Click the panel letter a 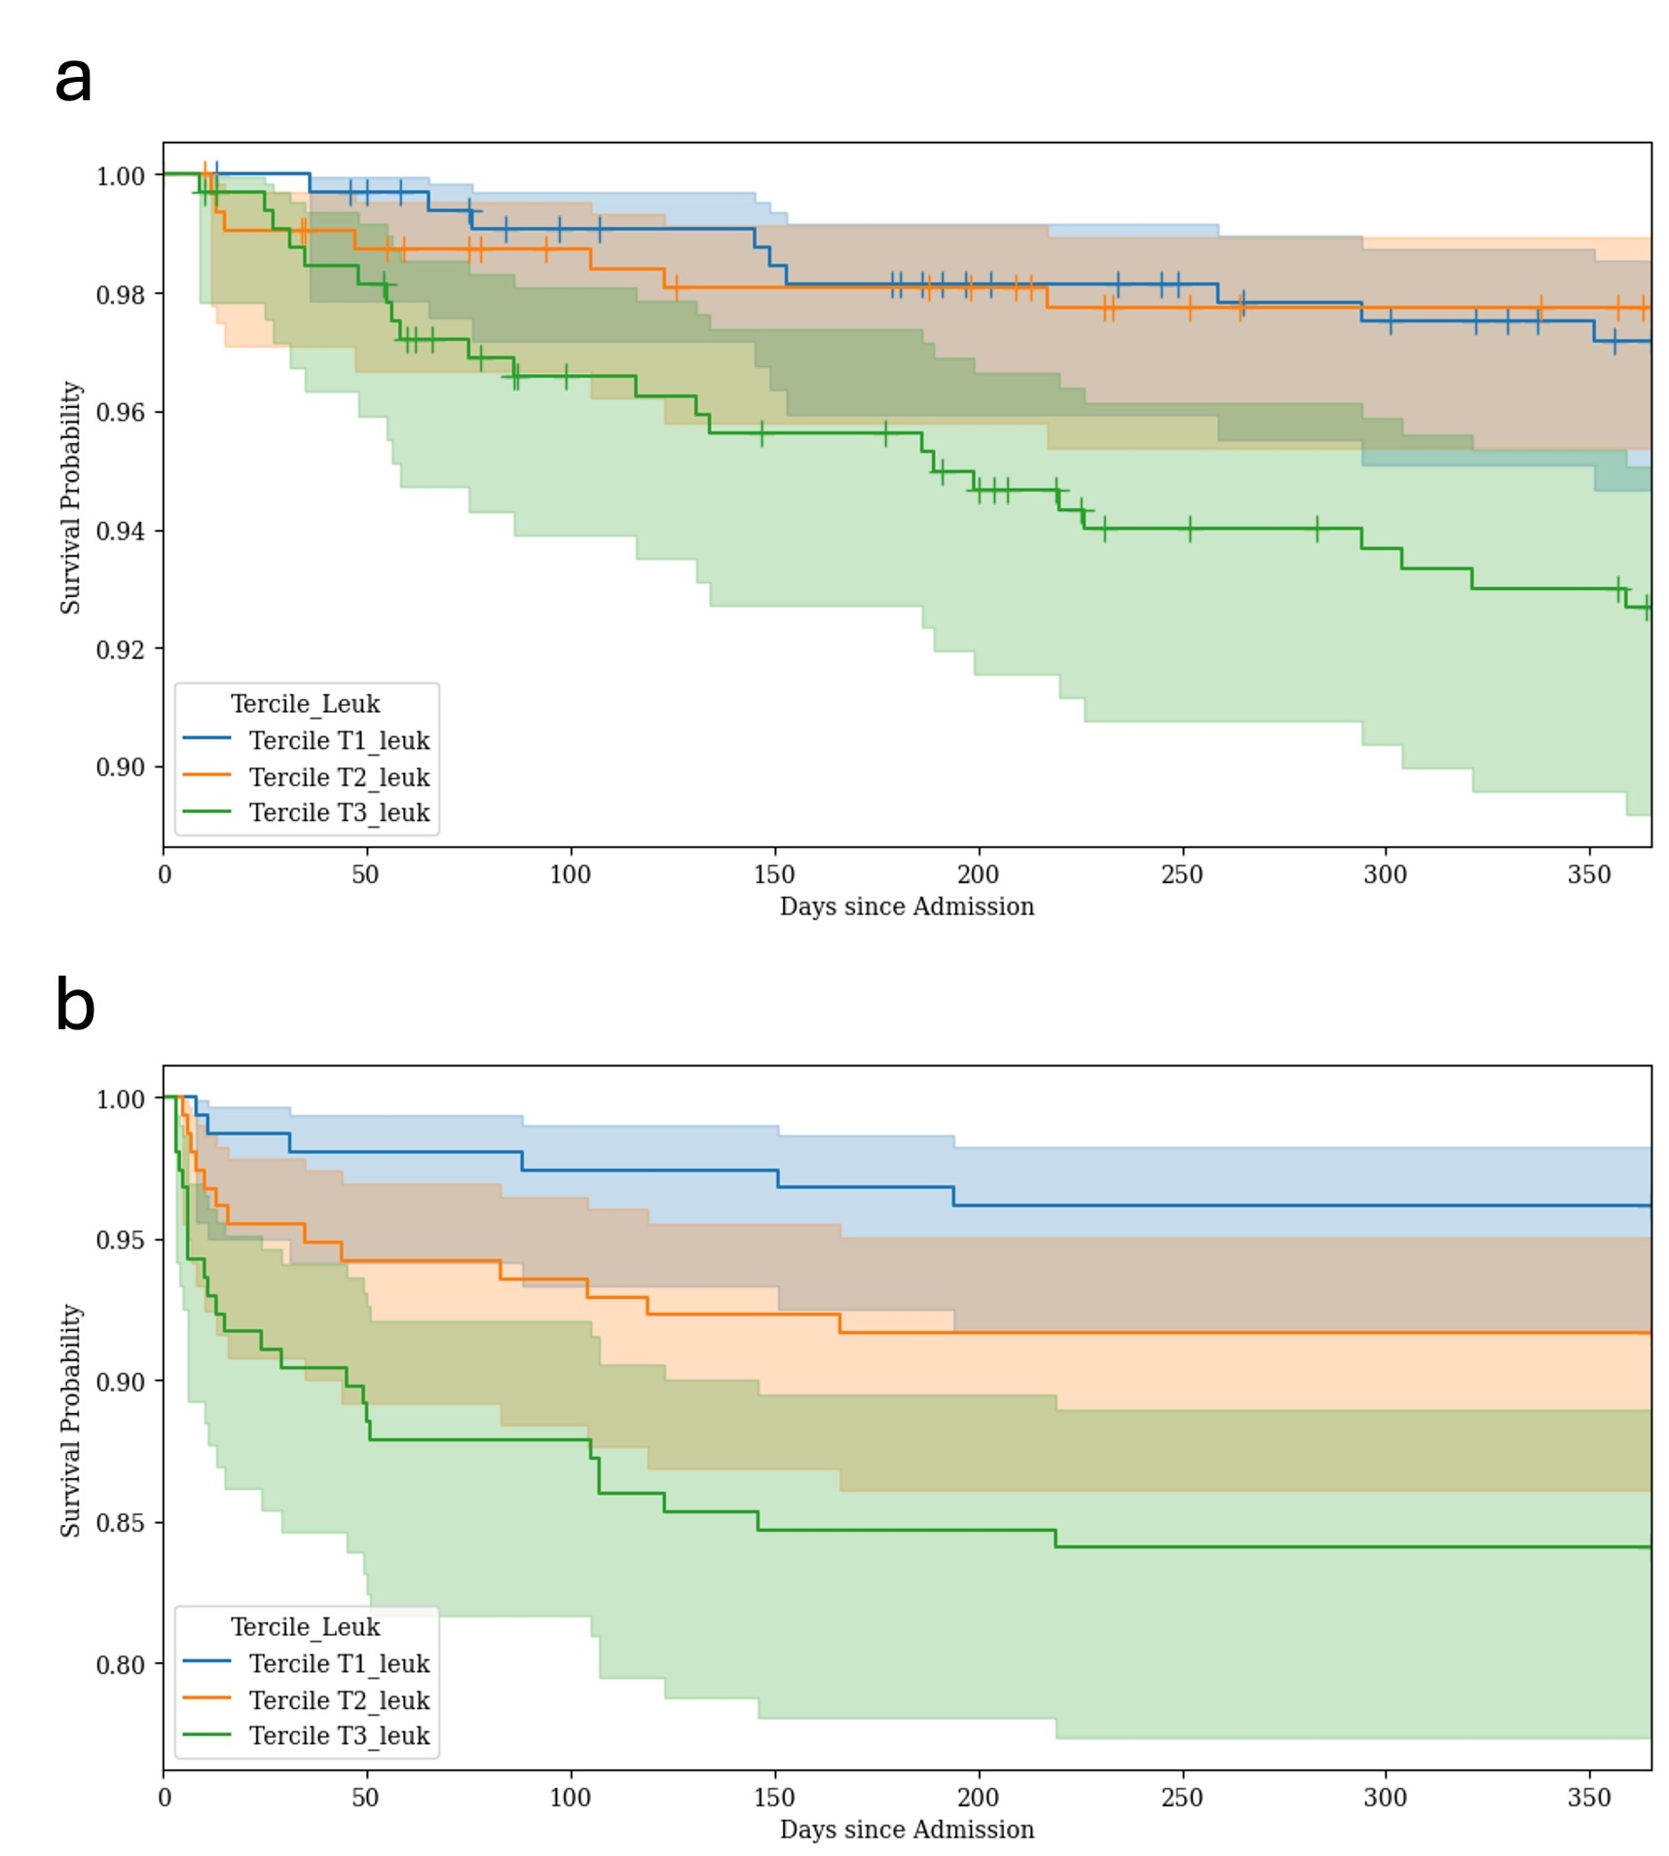73,80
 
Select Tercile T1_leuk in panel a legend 339,740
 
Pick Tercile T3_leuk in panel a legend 339,812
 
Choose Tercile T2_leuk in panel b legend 339,1700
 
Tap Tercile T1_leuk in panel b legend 339,1664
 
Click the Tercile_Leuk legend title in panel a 305,704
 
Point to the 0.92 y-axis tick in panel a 121,650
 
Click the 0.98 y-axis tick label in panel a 121,294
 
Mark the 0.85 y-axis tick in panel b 121,1523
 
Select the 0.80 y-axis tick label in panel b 121,1664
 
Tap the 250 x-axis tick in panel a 1181,873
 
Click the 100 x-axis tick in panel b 570,1797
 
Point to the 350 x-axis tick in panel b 1588,1797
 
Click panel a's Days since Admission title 907,907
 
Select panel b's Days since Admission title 907,1830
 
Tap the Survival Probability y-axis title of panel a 70,497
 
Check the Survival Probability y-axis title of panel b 70,1420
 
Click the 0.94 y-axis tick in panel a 121,531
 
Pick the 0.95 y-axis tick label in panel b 121,1240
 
